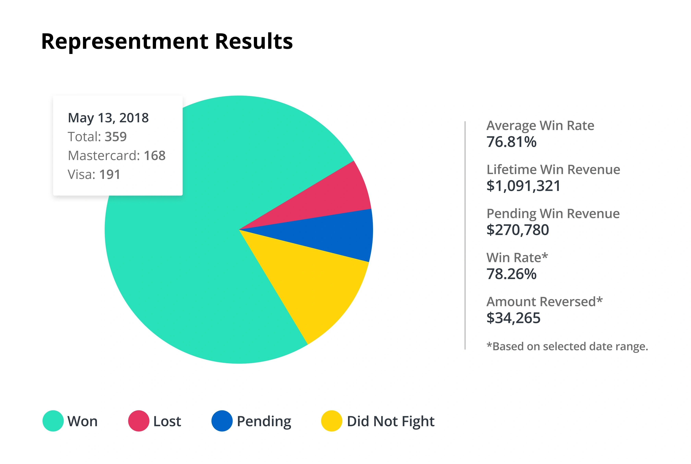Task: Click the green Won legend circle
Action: [x=53, y=421]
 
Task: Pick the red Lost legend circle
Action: [x=139, y=421]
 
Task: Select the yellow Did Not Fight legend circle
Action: [x=332, y=421]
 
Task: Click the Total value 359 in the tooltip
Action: [x=116, y=137]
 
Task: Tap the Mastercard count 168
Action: [x=154, y=156]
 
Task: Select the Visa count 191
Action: [x=110, y=175]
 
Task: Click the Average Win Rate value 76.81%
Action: [x=511, y=142]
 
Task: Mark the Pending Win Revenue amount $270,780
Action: [x=517, y=230]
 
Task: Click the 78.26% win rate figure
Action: [x=511, y=274]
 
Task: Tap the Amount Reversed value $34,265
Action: [x=513, y=318]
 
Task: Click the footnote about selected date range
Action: [x=567, y=346]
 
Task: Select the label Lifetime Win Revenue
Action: [x=553, y=169]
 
